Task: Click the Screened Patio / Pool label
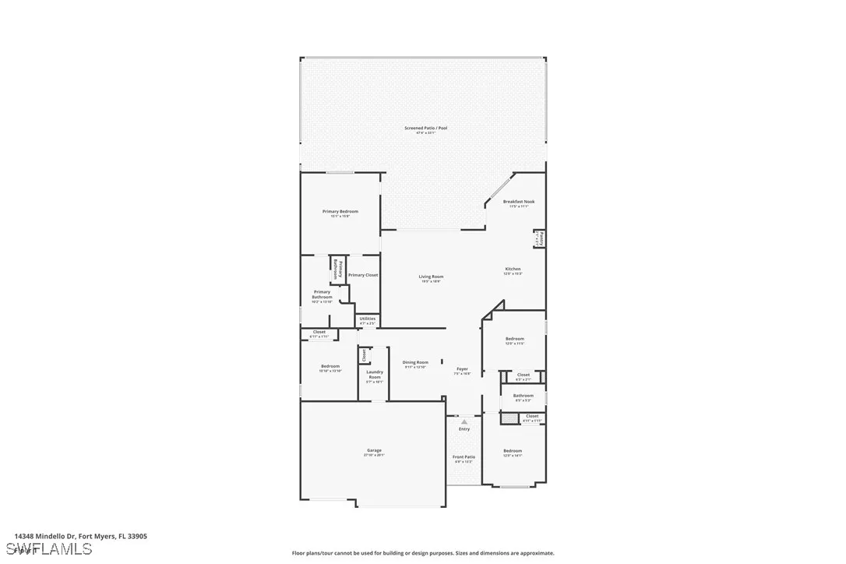(x=425, y=128)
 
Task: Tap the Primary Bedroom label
(x=340, y=212)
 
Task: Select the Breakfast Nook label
(x=518, y=202)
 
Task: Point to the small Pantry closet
(x=539, y=238)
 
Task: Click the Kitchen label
(x=513, y=269)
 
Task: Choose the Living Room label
(x=431, y=277)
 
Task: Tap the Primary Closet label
(x=362, y=275)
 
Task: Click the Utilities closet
(x=368, y=319)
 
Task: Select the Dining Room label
(x=415, y=362)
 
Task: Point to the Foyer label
(x=462, y=368)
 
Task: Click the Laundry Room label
(x=375, y=375)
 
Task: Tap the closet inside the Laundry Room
(x=364, y=355)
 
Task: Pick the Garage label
(x=374, y=450)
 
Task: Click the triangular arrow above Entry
(x=464, y=421)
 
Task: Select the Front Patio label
(x=464, y=457)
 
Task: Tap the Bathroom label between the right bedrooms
(x=523, y=396)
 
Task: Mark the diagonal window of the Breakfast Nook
(x=499, y=189)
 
